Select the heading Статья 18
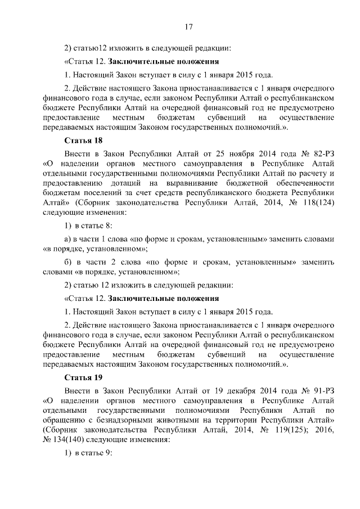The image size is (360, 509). (x=83, y=141)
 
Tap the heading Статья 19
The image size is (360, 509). (x=83, y=376)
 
